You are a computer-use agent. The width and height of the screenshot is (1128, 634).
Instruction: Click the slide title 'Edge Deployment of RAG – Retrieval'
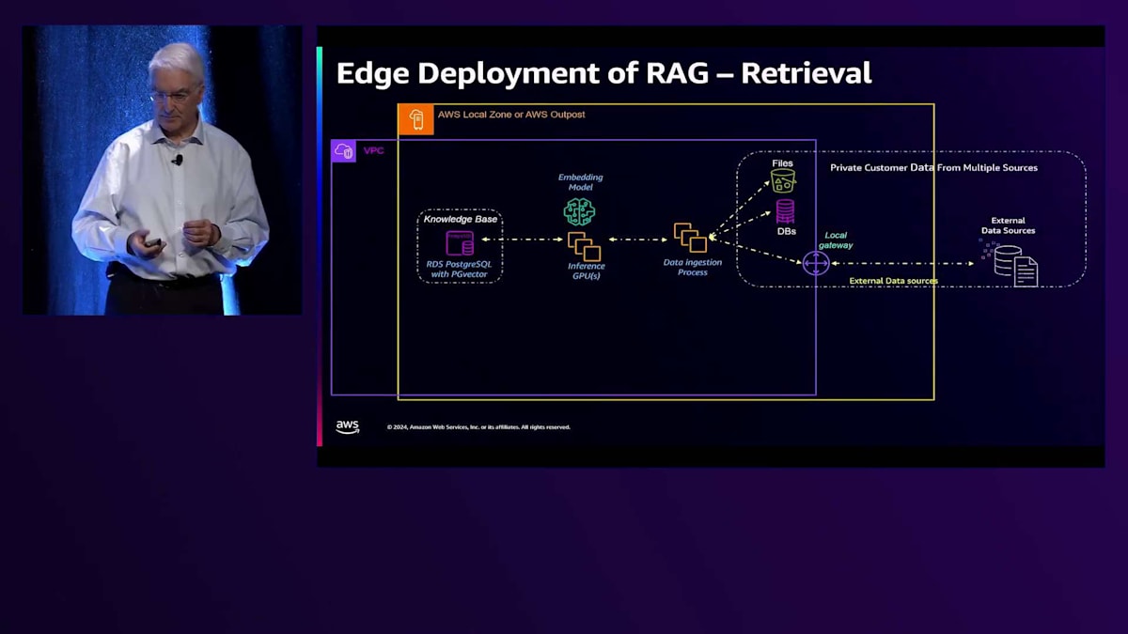pyautogui.click(x=603, y=73)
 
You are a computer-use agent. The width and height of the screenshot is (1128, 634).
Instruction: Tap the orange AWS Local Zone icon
pyautogui.click(x=415, y=119)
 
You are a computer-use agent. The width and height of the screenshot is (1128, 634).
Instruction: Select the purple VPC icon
pyautogui.click(x=344, y=150)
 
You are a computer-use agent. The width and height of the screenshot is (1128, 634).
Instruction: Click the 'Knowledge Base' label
pyautogui.click(x=460, y=219)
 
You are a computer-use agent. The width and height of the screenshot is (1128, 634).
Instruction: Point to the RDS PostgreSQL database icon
pyautogui.click(x=460, y=243)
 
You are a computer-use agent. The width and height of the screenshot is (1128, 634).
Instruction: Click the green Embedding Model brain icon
pyautogui.click(x=579, y=211)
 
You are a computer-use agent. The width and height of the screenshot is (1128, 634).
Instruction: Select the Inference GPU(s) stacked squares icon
pyautogui.click(x=585, y=246)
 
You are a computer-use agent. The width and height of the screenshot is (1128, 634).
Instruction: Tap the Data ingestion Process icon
pyautogui.click(x=690, y=238)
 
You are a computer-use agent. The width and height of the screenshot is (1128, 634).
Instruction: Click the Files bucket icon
pyautogui.click(x=783, y=180)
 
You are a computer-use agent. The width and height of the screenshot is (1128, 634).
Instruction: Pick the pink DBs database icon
pyautogui.click(x=785, y=211)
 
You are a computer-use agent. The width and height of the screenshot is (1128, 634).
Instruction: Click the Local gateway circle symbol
pyautogui.click(x=816, y=263)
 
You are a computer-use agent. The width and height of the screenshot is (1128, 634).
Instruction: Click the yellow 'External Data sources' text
pyautogui.click(x=893, y=281)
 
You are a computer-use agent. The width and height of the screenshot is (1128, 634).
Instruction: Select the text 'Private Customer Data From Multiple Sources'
pyautogui.click(x=933, y=168)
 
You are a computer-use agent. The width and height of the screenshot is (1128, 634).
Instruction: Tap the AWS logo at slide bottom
pyautogui.click(x=348, y=427)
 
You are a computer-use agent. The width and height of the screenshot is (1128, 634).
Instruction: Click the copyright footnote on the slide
pyautogui.click(x=478, y=427)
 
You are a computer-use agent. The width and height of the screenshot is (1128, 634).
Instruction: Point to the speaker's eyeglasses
pyautogui.click(x=174, y=94)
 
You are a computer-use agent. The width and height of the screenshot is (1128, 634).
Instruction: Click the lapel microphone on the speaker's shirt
pyautogui.click(x=178, y=160)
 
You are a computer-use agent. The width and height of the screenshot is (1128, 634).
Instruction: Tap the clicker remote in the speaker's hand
pyautogui.click(x=153, y=242)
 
